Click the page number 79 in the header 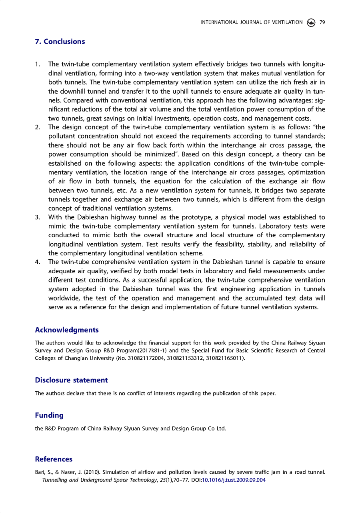(322, 22)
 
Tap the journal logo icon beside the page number (311, 22)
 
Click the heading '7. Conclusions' (60, 42)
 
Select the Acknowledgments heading (67, 330)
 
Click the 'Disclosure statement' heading (71, 380)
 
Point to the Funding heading (49, 415)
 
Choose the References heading (54, 459)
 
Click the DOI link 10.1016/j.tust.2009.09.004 (236, 480)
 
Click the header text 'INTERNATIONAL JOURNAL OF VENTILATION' (252, 22)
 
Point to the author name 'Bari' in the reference (40, 472)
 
